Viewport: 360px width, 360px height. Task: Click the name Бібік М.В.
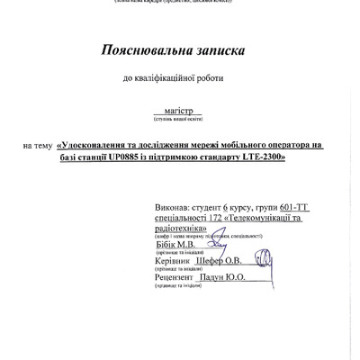coord(175,242)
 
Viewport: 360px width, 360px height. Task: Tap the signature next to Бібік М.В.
coord(219,240)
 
